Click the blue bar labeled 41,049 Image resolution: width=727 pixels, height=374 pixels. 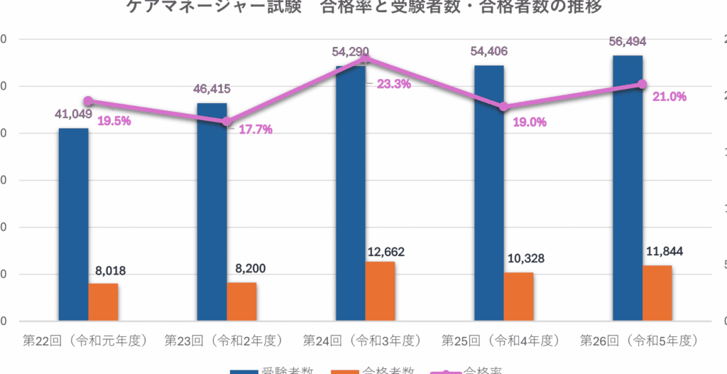point(73,224)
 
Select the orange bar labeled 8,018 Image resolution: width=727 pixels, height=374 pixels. point(103,302)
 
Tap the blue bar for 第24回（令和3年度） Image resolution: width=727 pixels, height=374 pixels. point(351,192)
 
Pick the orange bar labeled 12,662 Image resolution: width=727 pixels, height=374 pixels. point(380,292)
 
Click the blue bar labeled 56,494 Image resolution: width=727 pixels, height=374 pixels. point(628,188)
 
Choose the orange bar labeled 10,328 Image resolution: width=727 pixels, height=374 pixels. point(519,296)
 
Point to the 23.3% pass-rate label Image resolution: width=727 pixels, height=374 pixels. point(394,84)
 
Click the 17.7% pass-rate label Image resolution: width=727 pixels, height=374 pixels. point(256,129)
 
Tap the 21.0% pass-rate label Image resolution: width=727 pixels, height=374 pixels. point(669,97)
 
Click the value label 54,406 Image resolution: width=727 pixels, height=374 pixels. point(489,51)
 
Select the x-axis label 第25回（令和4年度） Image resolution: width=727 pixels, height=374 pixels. point(501,341)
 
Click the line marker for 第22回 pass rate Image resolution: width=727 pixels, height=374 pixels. point(88,101)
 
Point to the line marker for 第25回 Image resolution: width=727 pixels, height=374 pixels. point(503,107)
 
